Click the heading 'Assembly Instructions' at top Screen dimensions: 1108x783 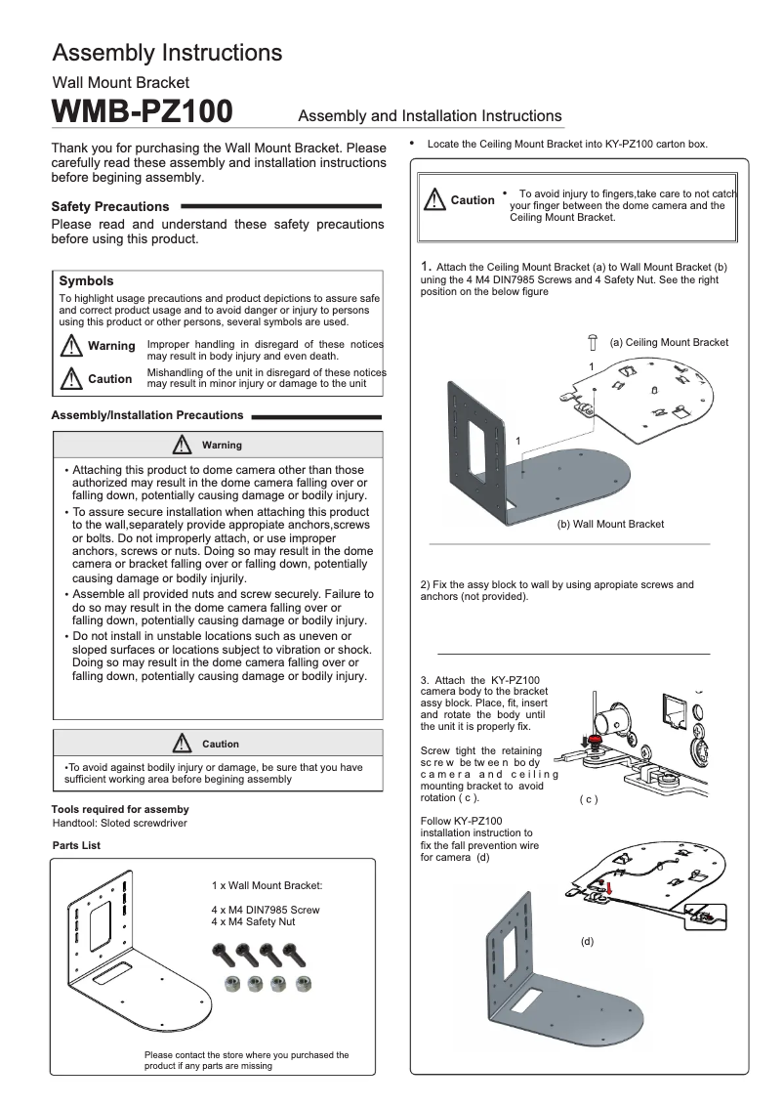[x=167, y=52]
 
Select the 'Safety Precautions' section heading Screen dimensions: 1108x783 [x=109, y=206]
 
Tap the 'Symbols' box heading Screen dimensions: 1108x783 [x=86, y=280]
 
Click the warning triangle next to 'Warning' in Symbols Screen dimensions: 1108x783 [x=71, y=346]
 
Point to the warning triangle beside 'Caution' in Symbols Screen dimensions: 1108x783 [x=71, y=379]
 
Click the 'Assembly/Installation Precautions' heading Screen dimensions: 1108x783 [x=146, y=415]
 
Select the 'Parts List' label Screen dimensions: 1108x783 [x=76, y=845]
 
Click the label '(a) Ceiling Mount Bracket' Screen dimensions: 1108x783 [x=669, y=342]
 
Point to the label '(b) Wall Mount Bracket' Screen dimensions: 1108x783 [x=610, y=524]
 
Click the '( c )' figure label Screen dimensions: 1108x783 [x=588, y=799]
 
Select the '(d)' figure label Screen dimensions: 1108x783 [x=587, y=941]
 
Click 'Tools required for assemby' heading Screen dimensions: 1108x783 [x=120, y=809]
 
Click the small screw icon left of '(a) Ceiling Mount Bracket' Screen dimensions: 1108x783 [x=592, y=341]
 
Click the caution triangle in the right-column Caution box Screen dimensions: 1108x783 [x=434, y=200]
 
